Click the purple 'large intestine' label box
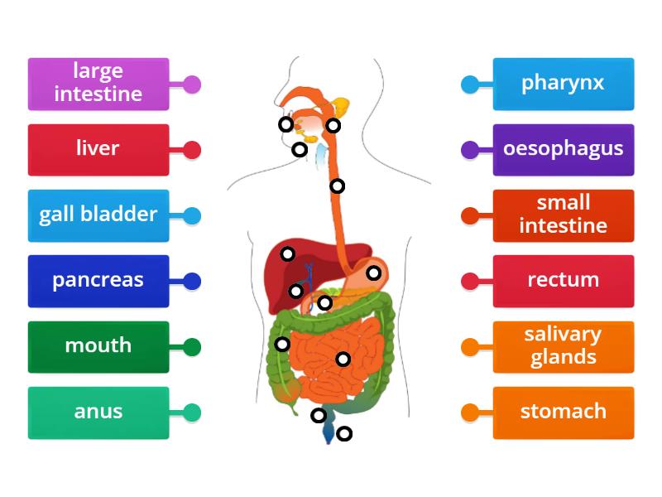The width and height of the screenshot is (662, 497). click(x=98, y=84)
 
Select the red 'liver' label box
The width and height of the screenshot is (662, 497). click(x=98, y=150)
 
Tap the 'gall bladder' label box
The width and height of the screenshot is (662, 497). click(x=98, y=215)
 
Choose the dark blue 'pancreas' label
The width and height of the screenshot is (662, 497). click(x=98, y=281)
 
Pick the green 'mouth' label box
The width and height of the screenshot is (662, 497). click(x=98, y=346)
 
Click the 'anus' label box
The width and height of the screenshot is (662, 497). click(x=98, y=413)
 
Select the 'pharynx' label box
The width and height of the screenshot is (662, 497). click(x=563, y=84)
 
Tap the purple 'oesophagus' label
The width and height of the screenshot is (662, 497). click(x=563, y=150)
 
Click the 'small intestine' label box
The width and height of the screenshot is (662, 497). click(x=563, y=215)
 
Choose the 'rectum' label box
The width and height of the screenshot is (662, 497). click(x=563, y=281)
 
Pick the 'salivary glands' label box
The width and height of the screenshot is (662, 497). click(x=563, y=346)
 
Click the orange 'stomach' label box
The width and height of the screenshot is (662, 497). click(x=563, y=413)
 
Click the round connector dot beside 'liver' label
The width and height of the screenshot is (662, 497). click(x=192, y=150)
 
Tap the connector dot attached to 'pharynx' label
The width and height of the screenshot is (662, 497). click(x=469, y=84)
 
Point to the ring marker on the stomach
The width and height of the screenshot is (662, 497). click(x=374, y=273)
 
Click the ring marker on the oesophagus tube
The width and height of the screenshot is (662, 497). click(x=338, y=186)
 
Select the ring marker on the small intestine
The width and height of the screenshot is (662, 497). click(x=343, y=359)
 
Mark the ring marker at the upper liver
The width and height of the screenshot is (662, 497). click(x=287, y=253)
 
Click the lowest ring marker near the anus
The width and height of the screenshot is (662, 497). click(x=344, y=432)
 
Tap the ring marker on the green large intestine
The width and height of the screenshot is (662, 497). click(x=282, y=344)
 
